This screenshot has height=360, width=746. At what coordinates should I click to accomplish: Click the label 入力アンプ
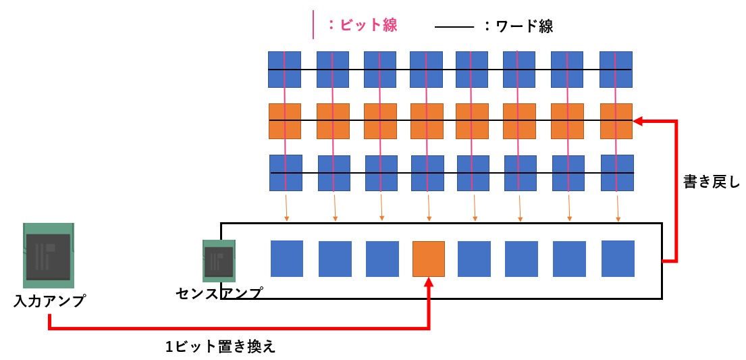pyautogui.click(x=49, y=301)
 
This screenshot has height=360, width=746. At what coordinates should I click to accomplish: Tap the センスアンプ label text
pyautogui.click(x=219, y=292)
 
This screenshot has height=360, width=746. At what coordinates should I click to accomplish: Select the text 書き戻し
pyautogui.click(x=712, y=182)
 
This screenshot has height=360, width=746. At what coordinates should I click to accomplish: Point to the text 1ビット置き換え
pyautogui.click(x=221, y=346)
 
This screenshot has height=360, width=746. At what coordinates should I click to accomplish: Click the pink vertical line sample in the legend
pyautogui.click(x=313, y=24)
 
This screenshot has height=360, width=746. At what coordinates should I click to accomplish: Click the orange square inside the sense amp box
pyautogui.click(x=429, y=259)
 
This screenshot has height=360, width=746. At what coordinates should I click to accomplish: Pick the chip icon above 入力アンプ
pyautogui.click(x=48, y=252)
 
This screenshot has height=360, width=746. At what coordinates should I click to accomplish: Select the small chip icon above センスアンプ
pyautogui.click(x=219, y=261)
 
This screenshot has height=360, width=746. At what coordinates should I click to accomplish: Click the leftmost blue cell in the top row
pyautogui.click(x=284, y=70)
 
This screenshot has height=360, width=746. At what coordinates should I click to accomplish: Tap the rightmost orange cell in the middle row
pyautogui.click(x=616, y=120)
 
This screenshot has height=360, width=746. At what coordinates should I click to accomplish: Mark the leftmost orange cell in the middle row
pyautogui.click(x=285, y=121)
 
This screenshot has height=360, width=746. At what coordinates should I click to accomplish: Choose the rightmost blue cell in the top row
pyautogui.click(x=616, y=70)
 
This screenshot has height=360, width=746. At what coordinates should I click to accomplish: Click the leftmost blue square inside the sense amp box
pyautogui.click(x=287, y=259)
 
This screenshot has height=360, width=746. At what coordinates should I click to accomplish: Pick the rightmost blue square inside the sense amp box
pyautogui.click(x=618, y=259)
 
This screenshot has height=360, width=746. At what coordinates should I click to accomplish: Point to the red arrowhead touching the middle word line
pyautogui.click(x=638, y=122)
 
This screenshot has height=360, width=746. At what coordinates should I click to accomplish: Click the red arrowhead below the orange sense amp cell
pyautogui.click(x=429, y=283)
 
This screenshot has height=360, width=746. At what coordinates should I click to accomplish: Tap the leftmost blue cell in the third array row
pyautogui.click(x=286, y=172)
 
